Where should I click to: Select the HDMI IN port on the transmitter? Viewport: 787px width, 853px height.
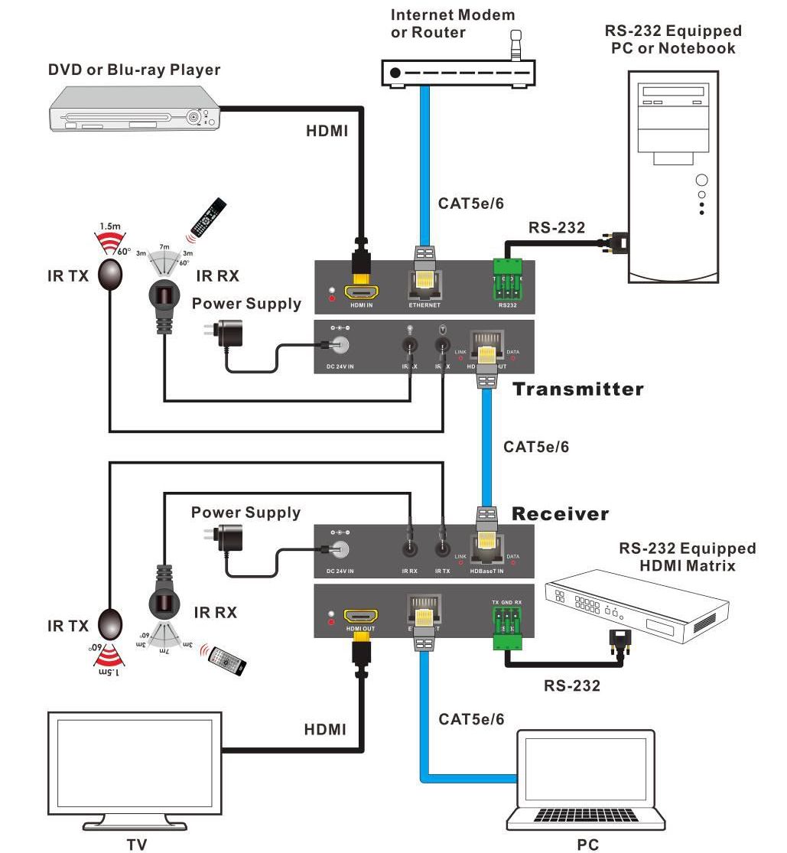tap(362, 293)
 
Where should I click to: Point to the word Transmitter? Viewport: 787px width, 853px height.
tap(577, 389)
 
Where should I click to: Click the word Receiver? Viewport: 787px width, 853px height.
tap(561, 513)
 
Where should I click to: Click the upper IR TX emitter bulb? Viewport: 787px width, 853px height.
tap(110, 274)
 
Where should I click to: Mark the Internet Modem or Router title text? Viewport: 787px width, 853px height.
tap(453, 23)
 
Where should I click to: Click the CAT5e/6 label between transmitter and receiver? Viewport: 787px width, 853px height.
tap(536, 447)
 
